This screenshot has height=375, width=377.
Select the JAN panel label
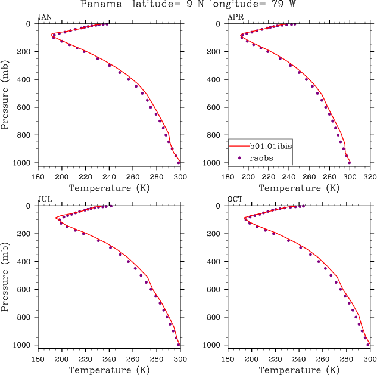(44, 17)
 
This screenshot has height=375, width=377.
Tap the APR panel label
(235, 17)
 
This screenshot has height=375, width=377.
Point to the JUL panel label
(44, 199)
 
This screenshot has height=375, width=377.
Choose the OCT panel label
(235, 199)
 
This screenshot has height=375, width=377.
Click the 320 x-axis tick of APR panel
(370, 176)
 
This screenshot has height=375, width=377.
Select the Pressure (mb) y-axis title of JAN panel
(5, 94)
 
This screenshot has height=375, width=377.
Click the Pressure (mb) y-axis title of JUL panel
(5, 275)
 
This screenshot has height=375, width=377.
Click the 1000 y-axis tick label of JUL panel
(25, 345)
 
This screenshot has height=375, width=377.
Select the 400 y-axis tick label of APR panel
(218, 79)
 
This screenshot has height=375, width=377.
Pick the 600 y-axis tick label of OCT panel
(218, 290)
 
